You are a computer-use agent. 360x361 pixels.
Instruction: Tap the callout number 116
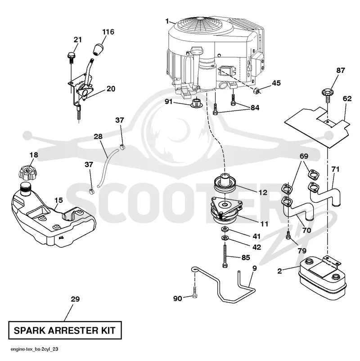coord(108,32)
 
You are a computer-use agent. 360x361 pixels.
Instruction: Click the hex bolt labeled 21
coord(71,58)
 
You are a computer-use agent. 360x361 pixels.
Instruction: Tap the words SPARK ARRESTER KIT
coord(64,330)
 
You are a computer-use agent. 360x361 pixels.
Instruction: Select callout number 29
coord(75,299)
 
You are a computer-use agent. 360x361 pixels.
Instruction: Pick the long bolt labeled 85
coord(225,255)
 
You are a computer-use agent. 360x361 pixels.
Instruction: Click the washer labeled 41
coord(224,229)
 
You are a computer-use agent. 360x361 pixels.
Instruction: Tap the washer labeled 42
coord(224,238)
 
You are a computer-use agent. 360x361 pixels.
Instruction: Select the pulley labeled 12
coord(225,183)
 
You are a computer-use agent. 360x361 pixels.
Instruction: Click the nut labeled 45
coord(256,91)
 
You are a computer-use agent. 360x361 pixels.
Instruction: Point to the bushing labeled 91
coord(196,103)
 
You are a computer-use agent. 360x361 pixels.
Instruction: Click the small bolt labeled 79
coord(288,235)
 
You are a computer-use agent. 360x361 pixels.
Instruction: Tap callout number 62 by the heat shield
coord(347,98)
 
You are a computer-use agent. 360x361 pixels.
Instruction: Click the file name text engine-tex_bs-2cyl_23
coord(34,349)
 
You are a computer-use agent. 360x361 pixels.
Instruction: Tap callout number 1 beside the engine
coord(167,21)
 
